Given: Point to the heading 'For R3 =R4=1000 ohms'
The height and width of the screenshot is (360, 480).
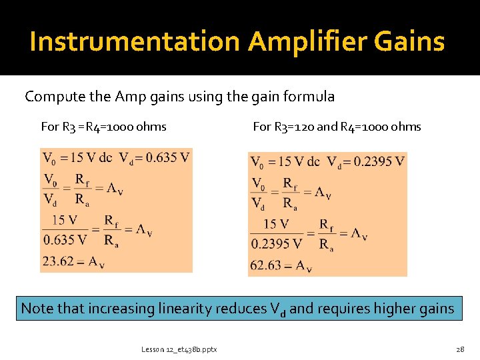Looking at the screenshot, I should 103,127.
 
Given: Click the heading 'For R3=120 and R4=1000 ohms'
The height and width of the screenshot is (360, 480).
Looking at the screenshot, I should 337,127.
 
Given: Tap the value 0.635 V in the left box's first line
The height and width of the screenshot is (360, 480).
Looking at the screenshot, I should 167,158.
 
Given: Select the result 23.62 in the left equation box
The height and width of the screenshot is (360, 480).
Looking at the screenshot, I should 58,261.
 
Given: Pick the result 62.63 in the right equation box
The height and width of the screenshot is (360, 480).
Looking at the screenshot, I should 265,265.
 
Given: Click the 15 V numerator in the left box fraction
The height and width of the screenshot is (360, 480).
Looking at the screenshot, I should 64,220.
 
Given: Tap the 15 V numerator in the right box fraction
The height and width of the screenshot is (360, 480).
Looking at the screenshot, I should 277,224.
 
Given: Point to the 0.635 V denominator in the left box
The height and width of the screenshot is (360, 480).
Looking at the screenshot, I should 65,239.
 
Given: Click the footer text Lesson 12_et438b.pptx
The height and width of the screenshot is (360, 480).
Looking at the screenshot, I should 179,349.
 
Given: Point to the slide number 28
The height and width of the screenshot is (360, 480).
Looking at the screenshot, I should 460,349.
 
